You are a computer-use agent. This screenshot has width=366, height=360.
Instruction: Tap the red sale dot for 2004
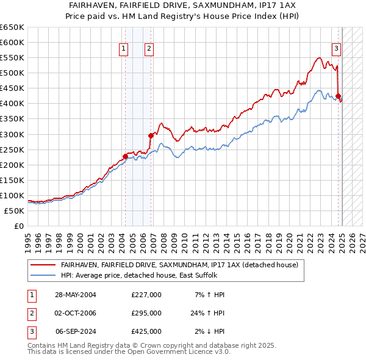[125, 156]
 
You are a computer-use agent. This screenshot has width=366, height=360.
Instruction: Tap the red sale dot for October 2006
[151, 135]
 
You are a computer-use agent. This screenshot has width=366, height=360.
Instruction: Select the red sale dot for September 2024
[338, 96]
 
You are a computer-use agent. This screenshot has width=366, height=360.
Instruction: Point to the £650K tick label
[12, 27]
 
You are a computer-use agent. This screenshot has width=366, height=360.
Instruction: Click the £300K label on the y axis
[12, 134]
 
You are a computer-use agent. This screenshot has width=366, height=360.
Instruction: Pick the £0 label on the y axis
[18, 226]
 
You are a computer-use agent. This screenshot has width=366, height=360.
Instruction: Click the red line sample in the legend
[42, 265]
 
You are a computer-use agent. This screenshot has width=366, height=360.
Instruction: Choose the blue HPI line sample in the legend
[42, 275]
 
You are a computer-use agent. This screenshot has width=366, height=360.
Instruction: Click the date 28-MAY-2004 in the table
[76, 295]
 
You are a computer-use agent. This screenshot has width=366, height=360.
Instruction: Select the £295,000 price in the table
[146, 313]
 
